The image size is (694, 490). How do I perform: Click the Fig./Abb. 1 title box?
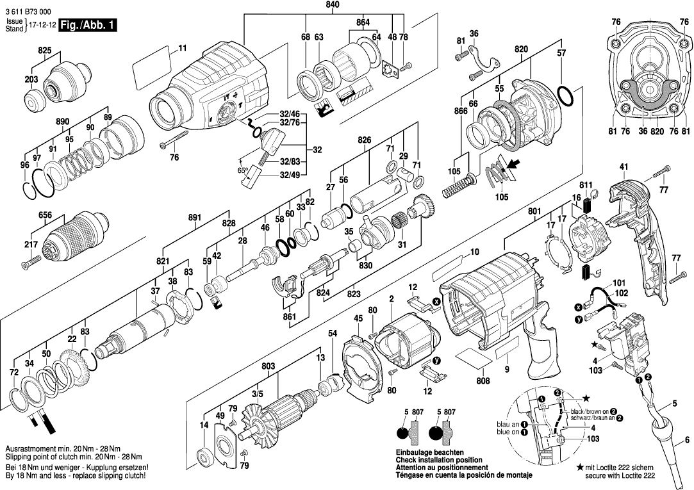pyautogui.click(x=87, y=26)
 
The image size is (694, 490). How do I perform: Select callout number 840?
pyautogui.click(x=333, y=5)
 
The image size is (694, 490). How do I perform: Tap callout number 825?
pyautogui.click(x=44, y=49)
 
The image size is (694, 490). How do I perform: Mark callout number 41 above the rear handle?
pyautogui.click(x=624, y=167)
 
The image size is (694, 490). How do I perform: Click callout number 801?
pyautogui.click(x=535, y=210)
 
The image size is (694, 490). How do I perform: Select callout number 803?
pyautogui.click(x=269, y=366)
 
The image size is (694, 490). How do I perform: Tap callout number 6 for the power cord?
pyautogui.click(x=687, y=439)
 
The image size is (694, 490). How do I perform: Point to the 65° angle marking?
pyautogui.click(x=243, y=172)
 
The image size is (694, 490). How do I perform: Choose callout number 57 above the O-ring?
pyautogui.click(x=561, y=54)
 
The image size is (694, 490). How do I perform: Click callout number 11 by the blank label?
pyautogui.click(x=182, y=49)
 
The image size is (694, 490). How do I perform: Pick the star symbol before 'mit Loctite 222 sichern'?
pyautogui.click(x=580, y=468)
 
